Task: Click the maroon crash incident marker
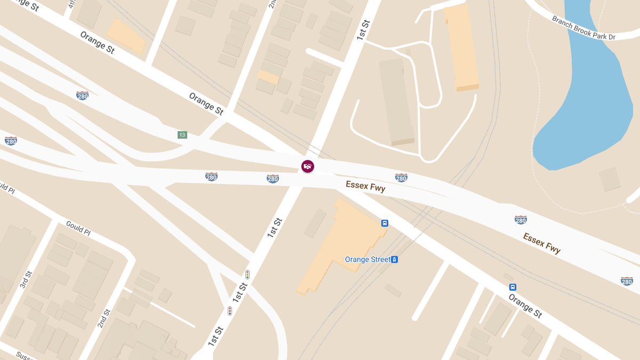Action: [x=308, y=166]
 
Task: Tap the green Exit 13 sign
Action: [x=182, y=135]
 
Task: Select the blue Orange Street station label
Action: [x=367, y=260]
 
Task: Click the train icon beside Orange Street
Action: [x=395, y=260]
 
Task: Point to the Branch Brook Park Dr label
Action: [x=583, y=28]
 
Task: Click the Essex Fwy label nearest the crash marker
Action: [x=365, y=186]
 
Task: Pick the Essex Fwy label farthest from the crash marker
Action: [x=541, y=243]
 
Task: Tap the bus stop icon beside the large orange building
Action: [x=385, y=223]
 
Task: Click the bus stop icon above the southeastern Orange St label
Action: [x=513, y=287]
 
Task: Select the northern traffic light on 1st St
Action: [x=247, y=275]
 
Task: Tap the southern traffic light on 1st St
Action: [x=230, y=310]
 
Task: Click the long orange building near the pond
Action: [x=461, y=48]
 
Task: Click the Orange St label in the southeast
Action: [x=525, y=306]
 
